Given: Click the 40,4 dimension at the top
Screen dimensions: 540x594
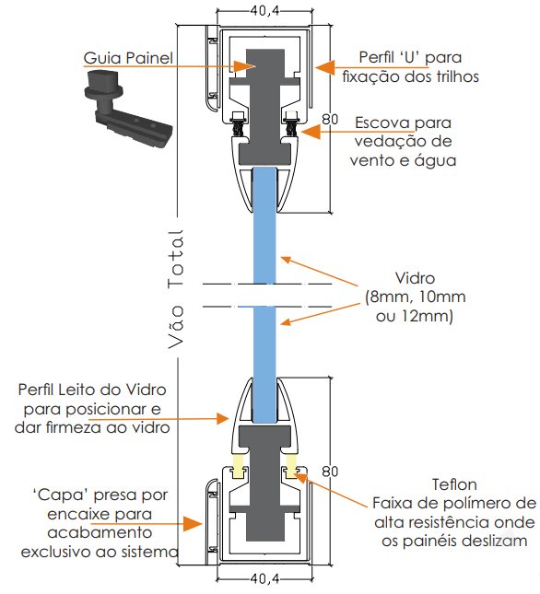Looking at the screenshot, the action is (x=264, y=11).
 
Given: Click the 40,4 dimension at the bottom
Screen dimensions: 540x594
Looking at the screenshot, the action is (x=264, y=578).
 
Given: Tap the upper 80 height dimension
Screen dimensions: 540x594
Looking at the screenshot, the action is (x=330, y=120).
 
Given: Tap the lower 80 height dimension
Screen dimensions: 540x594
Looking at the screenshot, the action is (x=330, y=472).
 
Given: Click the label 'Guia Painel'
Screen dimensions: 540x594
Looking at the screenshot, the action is (x=128, y=58).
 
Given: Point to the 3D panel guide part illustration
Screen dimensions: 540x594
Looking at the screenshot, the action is (x=128, y=109).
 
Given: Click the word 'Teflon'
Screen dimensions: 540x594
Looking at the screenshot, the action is (x=454, y=484).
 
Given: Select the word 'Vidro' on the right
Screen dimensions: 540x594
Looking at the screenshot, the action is (x=415, y=278).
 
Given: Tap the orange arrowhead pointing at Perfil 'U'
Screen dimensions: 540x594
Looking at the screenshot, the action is (x=325, y=68).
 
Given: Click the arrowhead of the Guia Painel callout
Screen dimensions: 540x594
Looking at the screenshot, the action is (x=242, y=66).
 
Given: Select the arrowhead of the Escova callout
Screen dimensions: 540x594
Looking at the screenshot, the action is (x=311, y=132).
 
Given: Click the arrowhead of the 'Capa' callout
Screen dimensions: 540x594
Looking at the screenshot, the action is (x=193, y=523).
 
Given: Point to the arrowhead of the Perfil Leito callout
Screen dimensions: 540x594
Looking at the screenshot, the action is (x=223, y=419).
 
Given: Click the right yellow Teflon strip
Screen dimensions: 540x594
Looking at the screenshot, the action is (x=291, y=465).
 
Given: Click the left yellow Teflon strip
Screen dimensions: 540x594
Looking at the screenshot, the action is (x=238, y=465).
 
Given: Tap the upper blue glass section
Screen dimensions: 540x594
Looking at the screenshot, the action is (x=264, y=226).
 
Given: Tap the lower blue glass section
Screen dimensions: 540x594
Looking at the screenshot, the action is (x=264, y=365).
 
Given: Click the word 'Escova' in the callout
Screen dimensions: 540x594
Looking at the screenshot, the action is (x=382, y=123).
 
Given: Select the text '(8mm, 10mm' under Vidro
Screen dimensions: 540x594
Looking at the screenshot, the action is (x=416, y=297).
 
